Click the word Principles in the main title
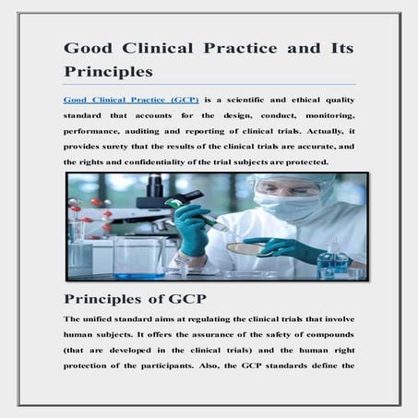tap(108, 70)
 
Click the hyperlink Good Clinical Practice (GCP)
tap(131, 99)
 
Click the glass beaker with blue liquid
tap(138, 258)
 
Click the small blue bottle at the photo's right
tap(331, 261)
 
